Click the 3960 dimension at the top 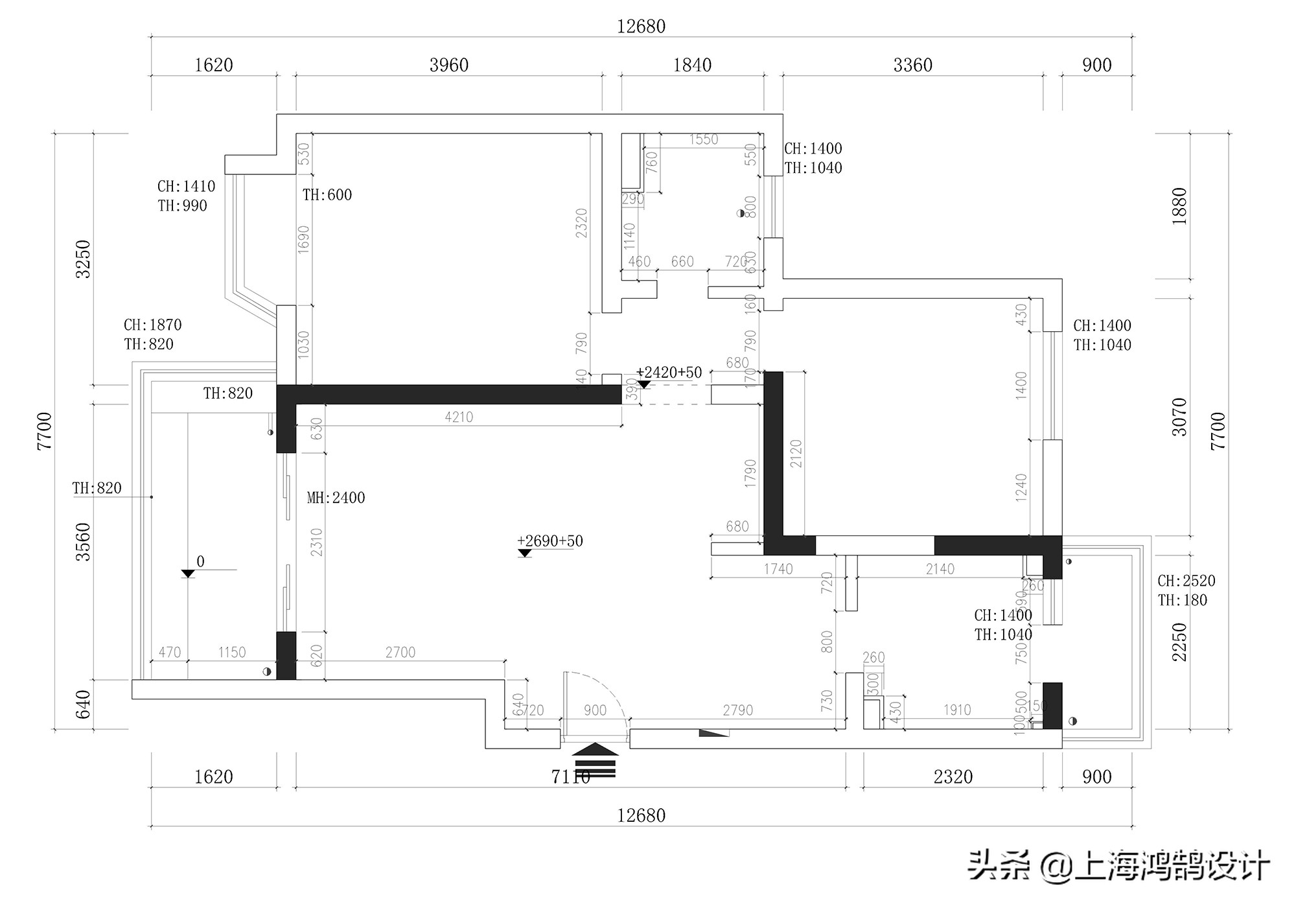(x=448, y=65)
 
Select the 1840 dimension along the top (x=692, y=65)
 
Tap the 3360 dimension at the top (x=912, y=65)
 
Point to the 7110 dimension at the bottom (x=570, y=776)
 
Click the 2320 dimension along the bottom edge (x=953, y=776)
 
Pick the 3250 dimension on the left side (x=84, y=259)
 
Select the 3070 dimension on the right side (x=1179, y=417)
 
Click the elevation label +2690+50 (x=550, y=541)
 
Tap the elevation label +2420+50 (x=669, y=373)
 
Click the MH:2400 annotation (x=336, y=498)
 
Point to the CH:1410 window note (x=186, y=187)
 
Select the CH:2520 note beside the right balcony (x=1186, y=581)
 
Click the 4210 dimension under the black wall (x=459, y=417)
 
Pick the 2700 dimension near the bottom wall (x=400, y=653)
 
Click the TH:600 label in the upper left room (x=327, y=195)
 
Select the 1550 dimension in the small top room (x=703, y=139)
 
